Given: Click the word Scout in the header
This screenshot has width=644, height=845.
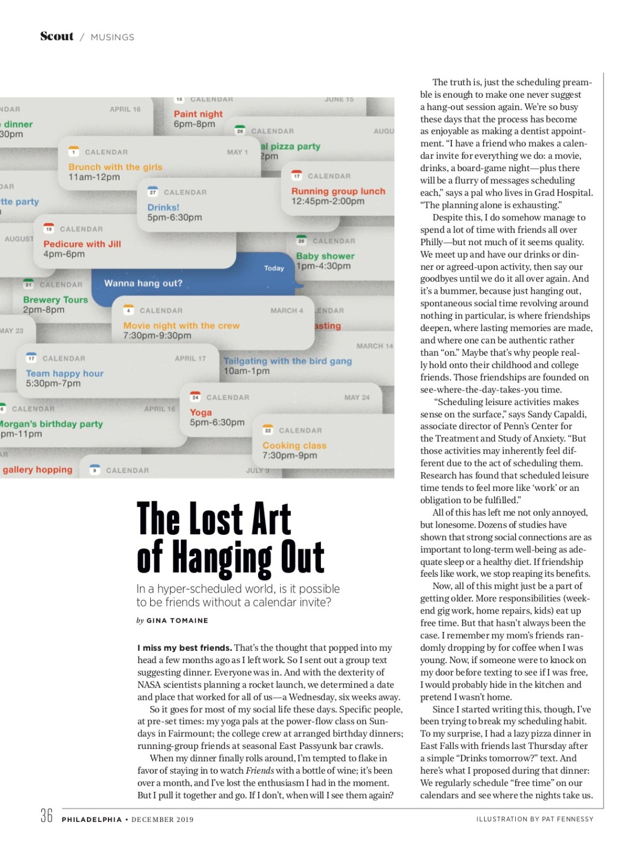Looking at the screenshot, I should tap(56, 36).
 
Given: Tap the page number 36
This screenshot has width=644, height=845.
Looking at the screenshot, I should tap(46, 815).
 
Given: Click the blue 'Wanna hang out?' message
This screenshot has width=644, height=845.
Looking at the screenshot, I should tap(143, 283).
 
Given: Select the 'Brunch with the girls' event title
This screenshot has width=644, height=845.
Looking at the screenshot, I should tap(115, 167).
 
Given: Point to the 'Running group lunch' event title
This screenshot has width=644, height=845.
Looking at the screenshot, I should tap(338, 191).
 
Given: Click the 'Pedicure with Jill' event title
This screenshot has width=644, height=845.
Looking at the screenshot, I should tap(82, 243).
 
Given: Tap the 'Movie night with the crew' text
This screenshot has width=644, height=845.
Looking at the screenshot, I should tap(181, 325).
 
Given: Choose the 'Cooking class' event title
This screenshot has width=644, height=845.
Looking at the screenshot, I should tap(294, 445).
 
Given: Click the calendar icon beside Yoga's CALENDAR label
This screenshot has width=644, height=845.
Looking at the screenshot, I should tap(195, 397).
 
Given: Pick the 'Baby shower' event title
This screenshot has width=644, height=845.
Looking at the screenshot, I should tap(325, 256).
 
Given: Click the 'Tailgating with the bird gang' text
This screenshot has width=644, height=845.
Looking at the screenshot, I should tap(288, 361).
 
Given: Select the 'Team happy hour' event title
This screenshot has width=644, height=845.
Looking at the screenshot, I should tap(64, 373).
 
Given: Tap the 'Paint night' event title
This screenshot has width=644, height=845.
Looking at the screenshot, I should tap(198, 114).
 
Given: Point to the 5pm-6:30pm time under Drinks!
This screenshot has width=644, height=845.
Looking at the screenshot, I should tap(175, 217).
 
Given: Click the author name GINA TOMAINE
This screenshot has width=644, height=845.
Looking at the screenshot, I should tap(177, 620).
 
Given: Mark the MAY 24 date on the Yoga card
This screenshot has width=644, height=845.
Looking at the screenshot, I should tap(357, 397).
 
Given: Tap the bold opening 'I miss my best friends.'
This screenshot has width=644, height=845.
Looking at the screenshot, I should tap(184, 647).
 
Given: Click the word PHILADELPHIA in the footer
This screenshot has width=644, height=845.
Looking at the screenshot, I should tap(92, 819).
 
